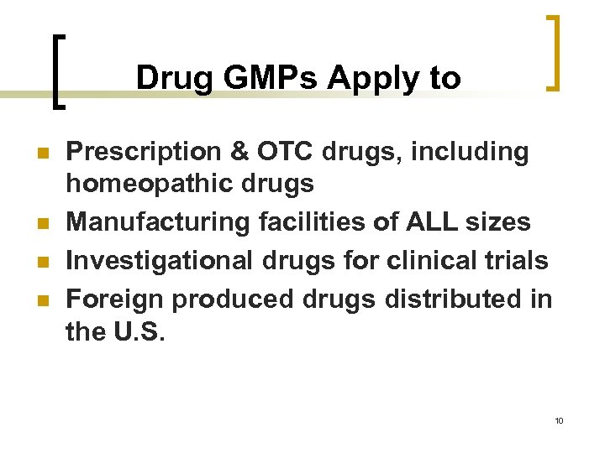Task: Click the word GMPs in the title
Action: [x=269, y=78]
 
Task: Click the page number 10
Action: [x=559, y=420]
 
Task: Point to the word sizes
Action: [x=500, y=222]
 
